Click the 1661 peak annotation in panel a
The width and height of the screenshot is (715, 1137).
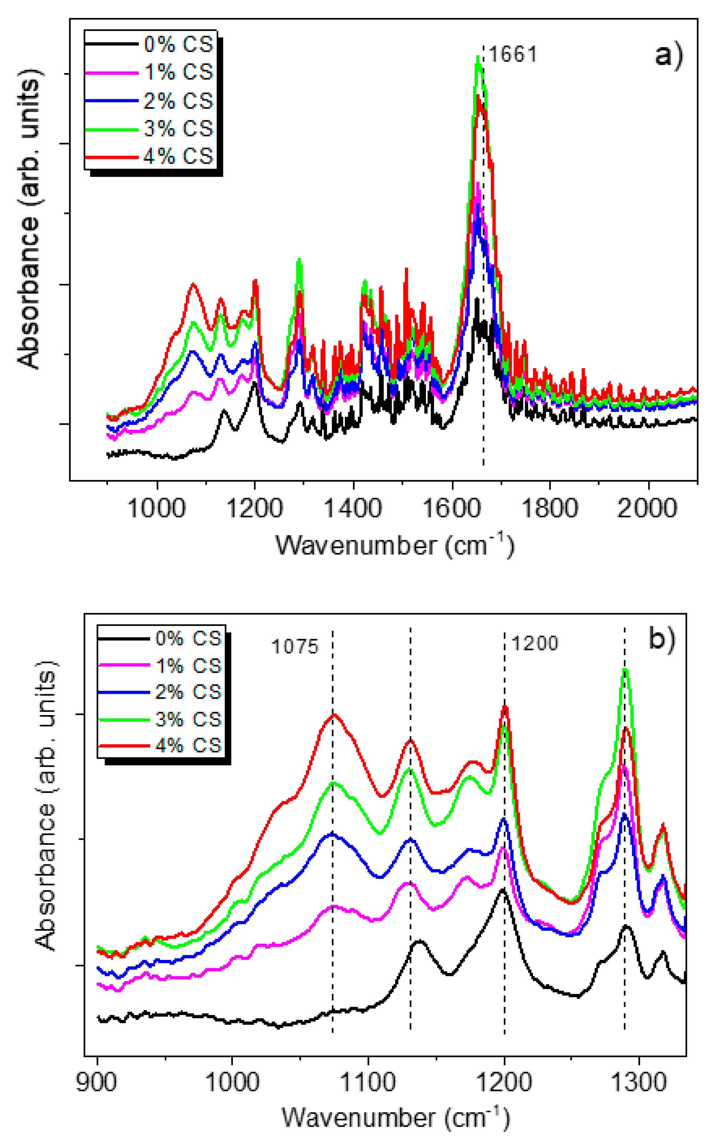click(513, 55)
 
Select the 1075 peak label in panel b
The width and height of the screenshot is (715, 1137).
click(295, 646)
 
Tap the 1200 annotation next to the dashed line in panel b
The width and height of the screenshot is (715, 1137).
click(535, 643)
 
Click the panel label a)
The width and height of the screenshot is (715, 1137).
click(669, 55)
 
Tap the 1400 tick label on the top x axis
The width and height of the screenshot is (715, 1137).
click(353, 508)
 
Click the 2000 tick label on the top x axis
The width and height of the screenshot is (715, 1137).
click(647, 508)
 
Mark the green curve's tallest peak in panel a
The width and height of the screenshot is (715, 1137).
click(478, 58)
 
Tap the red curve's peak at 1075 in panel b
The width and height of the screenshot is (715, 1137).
click(333, 714)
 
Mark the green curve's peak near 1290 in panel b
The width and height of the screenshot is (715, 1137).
click(625, 669)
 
